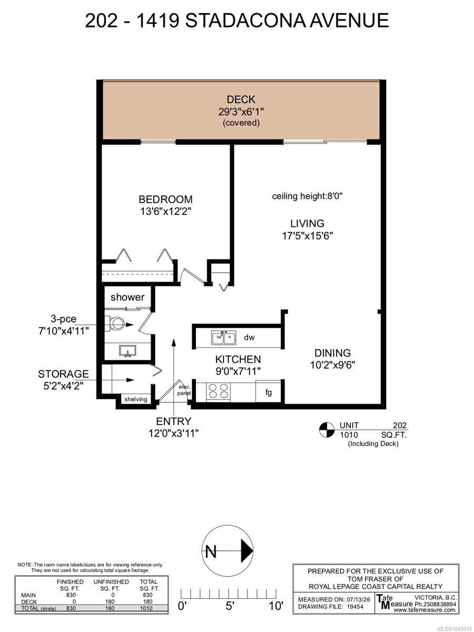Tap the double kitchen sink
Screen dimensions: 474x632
coord(224,338)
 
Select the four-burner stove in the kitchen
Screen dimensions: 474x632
coord(219,391)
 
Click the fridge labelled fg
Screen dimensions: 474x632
coord(268,392)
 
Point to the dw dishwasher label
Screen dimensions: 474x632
coord(249,338)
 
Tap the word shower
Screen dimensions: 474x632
coord(127,297)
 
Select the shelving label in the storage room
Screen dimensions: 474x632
coord(135,399)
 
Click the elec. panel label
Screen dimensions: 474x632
coord(184,390)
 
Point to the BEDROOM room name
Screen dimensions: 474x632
coord(165,199)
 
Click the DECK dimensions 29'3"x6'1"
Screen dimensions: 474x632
coord(241,112)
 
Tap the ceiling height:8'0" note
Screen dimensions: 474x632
coord(307,196)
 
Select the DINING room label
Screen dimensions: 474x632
coord(332,353)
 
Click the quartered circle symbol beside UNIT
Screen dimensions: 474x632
coord(327,430)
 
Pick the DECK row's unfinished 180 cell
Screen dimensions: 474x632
coord(110,601)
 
